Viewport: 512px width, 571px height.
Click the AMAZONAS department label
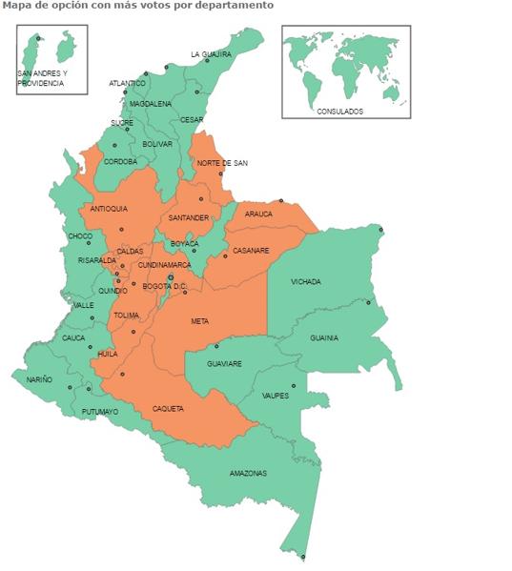click(x=248, y=474)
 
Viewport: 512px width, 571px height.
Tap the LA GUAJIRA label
click(x=211, y=54)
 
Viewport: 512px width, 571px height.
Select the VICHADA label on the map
click(x=306, y=282)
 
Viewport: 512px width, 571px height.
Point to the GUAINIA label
click(x=324, y=337)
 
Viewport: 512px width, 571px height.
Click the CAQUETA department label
click(x=168, y=409)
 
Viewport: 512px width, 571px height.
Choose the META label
click(x=199, y=321)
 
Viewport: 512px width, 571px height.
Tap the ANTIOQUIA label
click(x=109, y=208)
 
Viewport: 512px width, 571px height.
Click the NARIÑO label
click(x=39, y=379)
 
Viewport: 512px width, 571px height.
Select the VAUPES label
click(x=276, y=395)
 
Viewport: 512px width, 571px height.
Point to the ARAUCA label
click(x=258, y=214)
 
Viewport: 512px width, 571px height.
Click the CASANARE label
click(x=251, y=251)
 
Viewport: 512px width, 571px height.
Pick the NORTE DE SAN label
click(x=222, y=163)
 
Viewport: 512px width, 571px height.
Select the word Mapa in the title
click(x=14, y=6)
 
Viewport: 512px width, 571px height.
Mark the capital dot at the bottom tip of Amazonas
click(x=303, y=557)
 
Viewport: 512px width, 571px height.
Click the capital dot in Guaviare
click(x=216, y=346)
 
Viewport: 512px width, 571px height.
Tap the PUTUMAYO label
click(x=100, y=412)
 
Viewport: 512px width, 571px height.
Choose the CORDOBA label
click(x=120, y=161)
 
